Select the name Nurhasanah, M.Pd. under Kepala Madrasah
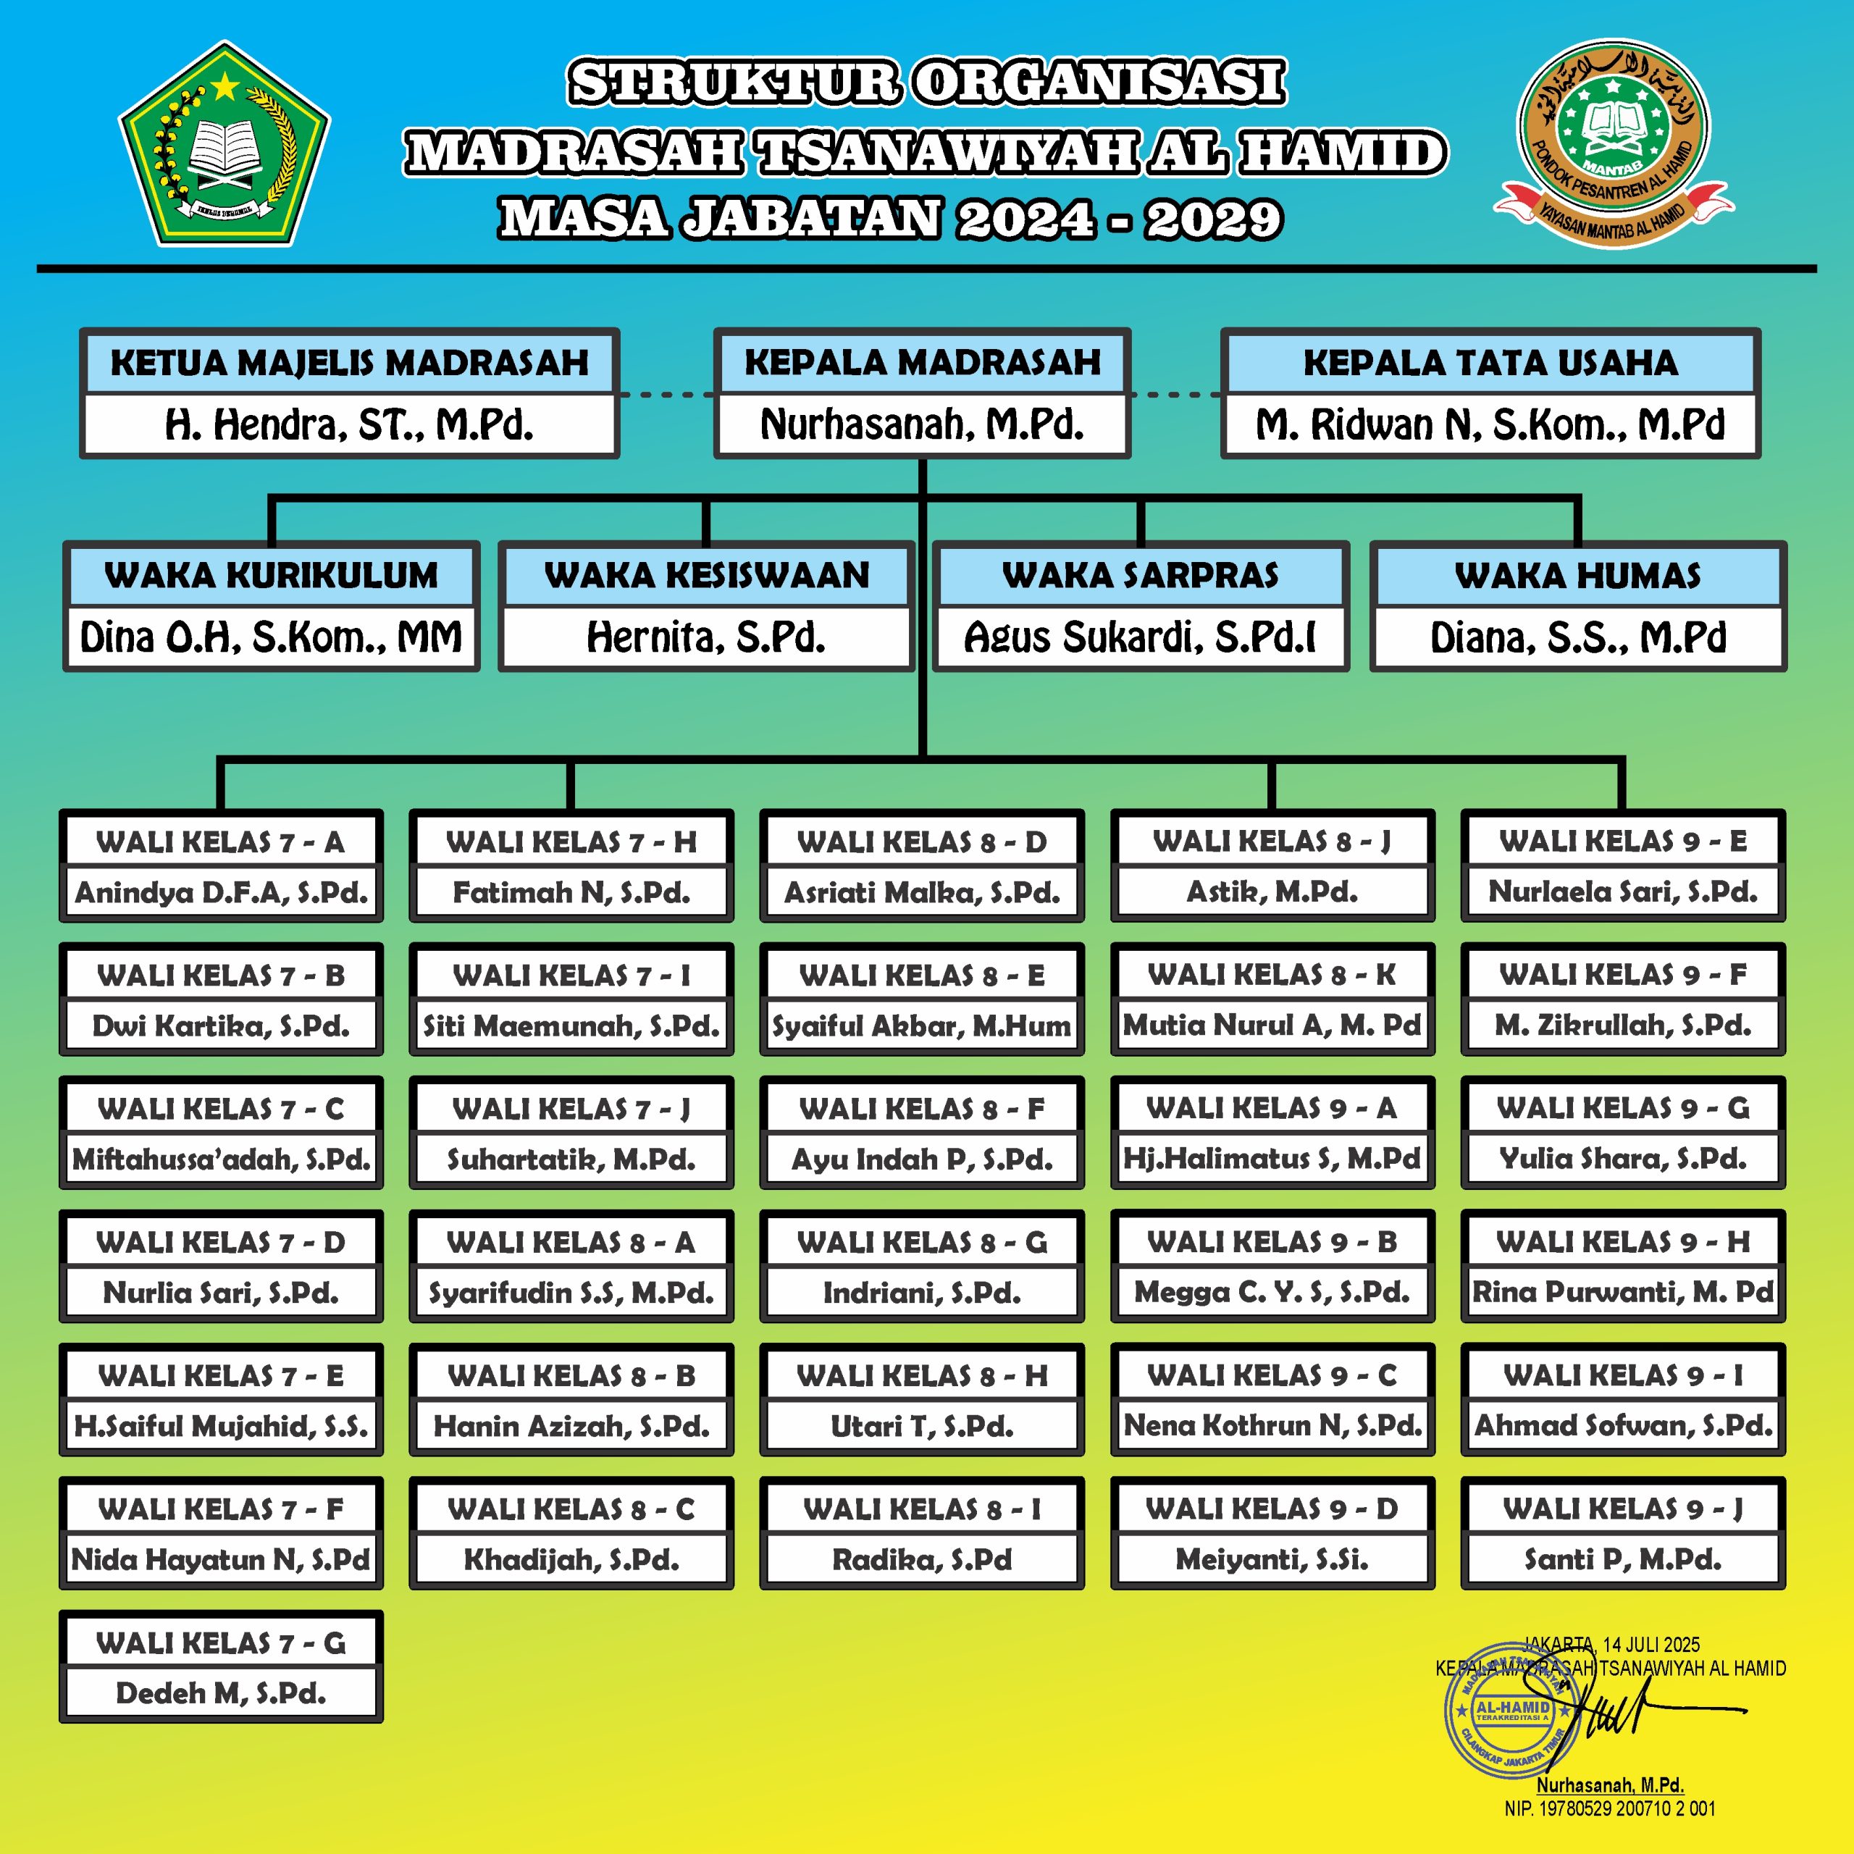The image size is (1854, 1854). point(922,424)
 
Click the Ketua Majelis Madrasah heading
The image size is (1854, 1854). point(349,363)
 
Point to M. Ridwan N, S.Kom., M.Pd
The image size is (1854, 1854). point(1490,424)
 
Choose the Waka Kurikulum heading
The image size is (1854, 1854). point(272,575)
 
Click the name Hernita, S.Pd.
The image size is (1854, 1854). point(706,637)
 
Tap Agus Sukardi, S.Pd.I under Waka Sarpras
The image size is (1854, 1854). point(1140,637)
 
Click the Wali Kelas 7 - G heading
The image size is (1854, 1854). point(221,1643)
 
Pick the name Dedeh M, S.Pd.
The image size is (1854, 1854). point(221,1692)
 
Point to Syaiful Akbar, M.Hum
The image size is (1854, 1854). point(921,1025)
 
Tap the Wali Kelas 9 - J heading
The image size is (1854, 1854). point(1623,1509)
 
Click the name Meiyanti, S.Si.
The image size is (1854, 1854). point(1272,1559)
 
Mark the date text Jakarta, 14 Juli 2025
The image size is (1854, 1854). point(1611,1645)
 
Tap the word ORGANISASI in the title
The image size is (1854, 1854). point(1099,83)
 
